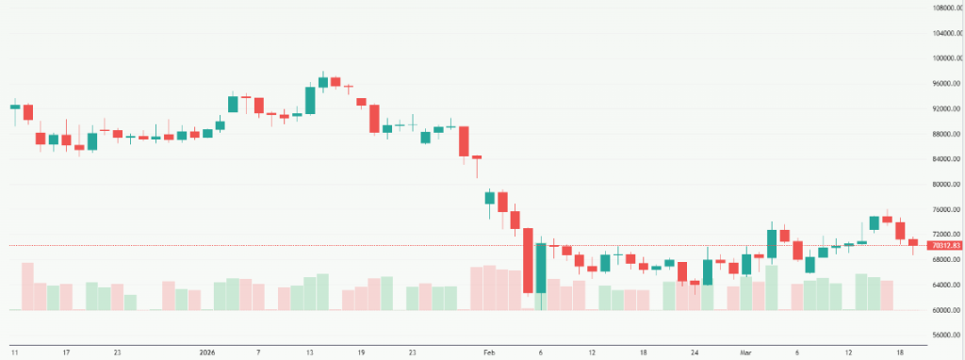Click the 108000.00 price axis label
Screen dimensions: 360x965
pyautogui.click(x=944, y=8)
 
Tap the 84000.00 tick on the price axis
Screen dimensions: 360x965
pyautogui.click(x=944, y=159)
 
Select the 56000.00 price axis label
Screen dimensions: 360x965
pyautogui.click(x=944, y=335)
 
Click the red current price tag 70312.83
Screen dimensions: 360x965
pyautogui.click(x=944, y=246)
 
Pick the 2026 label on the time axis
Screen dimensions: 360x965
pyautogui.click(x=207, y=352)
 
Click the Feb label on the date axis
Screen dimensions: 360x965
pyautogui.click(x=489, y=352)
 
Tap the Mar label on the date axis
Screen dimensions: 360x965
pyautogui.click(x=746, y=352)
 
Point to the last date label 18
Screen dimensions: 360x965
pyautogui.click(x=900, y=352)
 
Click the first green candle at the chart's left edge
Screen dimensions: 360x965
pyautogui.click(x=15, y=106)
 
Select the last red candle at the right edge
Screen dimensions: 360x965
pyautogui.click(x=912, y=242)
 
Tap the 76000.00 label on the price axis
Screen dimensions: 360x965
pyautogui.click(x=944, y=209)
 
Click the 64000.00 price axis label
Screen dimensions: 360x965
pyautogui.click(x=944, y=285)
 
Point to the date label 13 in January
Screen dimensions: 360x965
pyautogui.click(x=309, y=352)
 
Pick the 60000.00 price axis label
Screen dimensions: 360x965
pyautogui.click(x=944, y=310)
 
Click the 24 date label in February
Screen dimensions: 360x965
pyautogui.click(x=695, y=352)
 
